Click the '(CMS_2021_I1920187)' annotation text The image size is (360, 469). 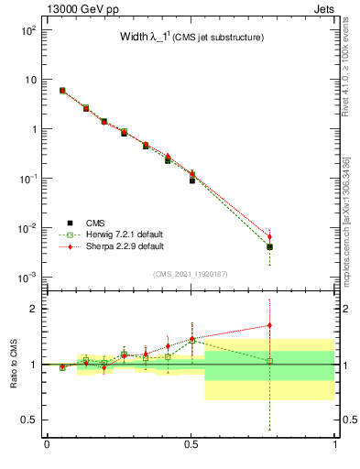(191, 273)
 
